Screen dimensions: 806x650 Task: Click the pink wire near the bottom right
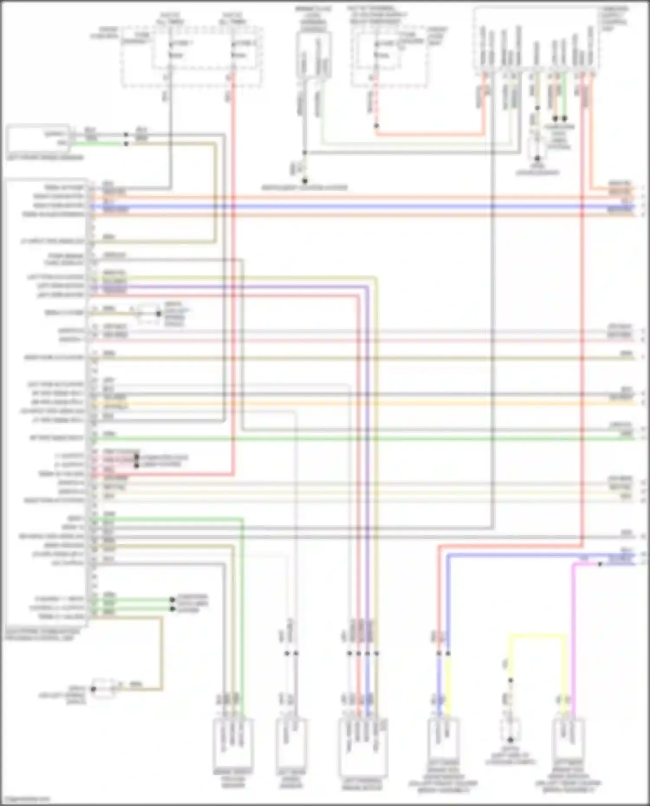click(x=573, y=628)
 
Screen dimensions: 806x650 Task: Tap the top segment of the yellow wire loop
click(x=537, y=635)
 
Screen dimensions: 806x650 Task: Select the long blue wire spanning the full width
click(x=347, y=206)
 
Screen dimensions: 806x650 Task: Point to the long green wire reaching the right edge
click(x=347, y=438)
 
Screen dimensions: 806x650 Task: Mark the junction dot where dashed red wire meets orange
click(x=377, y=126)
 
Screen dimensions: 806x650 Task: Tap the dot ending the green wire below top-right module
click(x=565, y=118)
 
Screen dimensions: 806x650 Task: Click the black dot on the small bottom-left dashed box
click(x=93, y=689)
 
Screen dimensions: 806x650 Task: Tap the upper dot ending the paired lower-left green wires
click(x=172, y=600)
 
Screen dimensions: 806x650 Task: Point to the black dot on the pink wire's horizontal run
click(x=600, y=564)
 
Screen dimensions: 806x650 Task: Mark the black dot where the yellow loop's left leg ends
click(x=510, y=680)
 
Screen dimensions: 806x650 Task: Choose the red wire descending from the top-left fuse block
click(x=233, y=260)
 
